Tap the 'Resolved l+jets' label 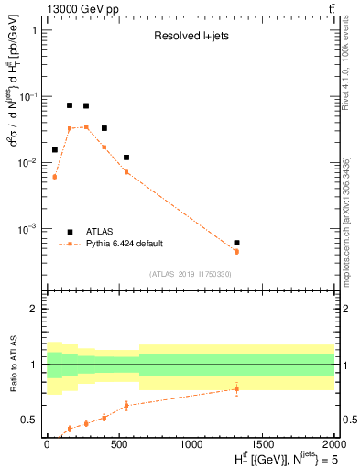pyautogui.click(x=190, y=37)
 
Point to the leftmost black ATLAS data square pyautogui.click(x=54, y=149)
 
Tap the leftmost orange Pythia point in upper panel pyautogui.click(x=54, y=177)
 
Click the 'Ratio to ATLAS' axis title pyautogui.click(x=12, y=364)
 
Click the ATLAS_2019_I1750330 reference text pyautogui.click(x=190, y=274)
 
